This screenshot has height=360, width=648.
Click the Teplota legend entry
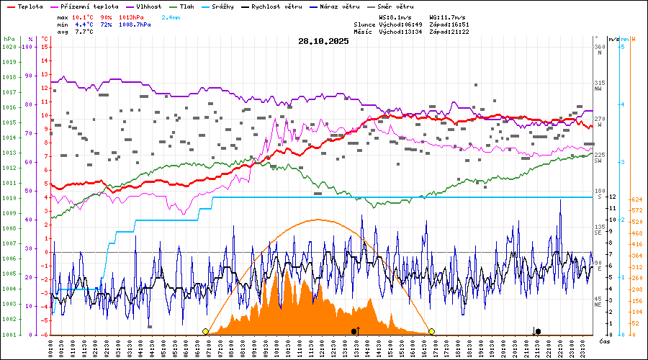[x=30, y=6]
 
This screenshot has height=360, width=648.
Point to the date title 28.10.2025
[x=323, y=41]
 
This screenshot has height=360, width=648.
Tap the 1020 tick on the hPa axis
[x=9, y=47]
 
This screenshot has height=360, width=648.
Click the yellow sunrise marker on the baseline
[x=206, y=331]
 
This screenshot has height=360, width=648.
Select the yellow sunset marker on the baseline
[x=431, y=331]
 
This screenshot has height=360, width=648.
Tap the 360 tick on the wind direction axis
[x=599, y=47]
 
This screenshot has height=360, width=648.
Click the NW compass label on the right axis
[x=598, y=89]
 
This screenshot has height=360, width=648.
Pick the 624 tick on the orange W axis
[x=636, y=199]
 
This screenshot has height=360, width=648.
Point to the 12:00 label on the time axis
[x=323, y=347]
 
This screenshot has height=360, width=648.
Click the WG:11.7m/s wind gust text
[x=448, y=17]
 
